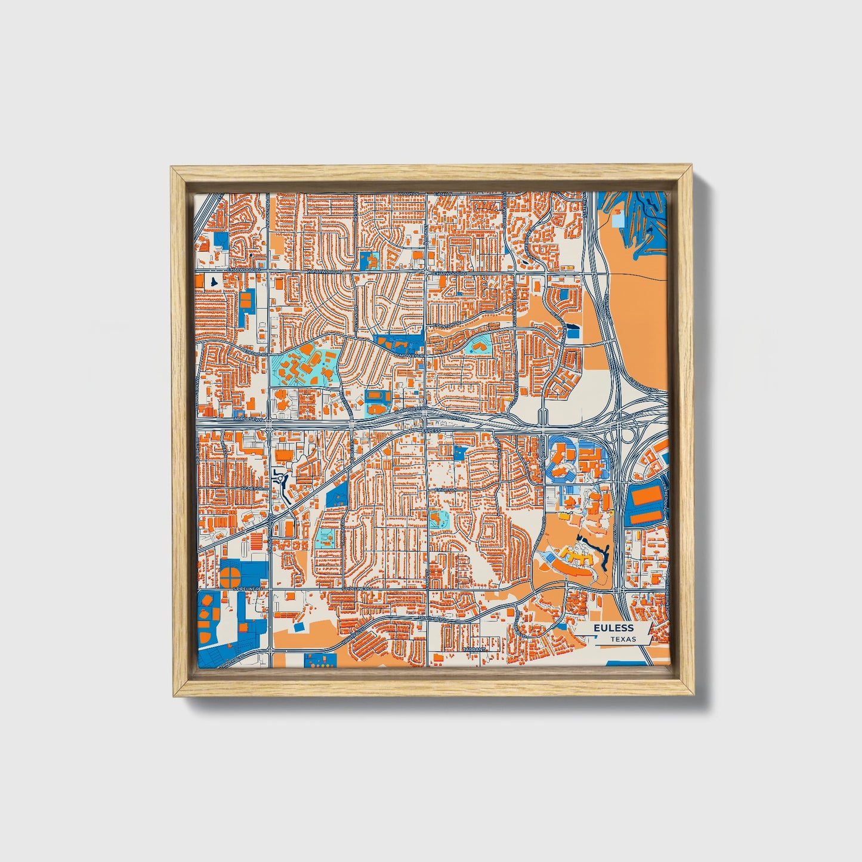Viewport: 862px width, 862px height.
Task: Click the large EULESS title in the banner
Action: [x=613, y=628]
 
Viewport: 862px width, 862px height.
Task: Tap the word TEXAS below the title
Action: [x=623, y=639]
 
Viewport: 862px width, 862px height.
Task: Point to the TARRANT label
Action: [x=475, y=648]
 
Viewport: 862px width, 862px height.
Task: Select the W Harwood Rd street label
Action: [x=325, y=271]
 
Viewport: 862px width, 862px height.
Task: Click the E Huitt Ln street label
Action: [x=445, y=489]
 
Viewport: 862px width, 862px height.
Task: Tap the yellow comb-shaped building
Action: [x=575, y=558]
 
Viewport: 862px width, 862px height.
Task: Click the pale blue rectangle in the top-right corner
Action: [x=618, y=220]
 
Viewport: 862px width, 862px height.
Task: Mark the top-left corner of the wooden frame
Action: [x=172, y=168]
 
